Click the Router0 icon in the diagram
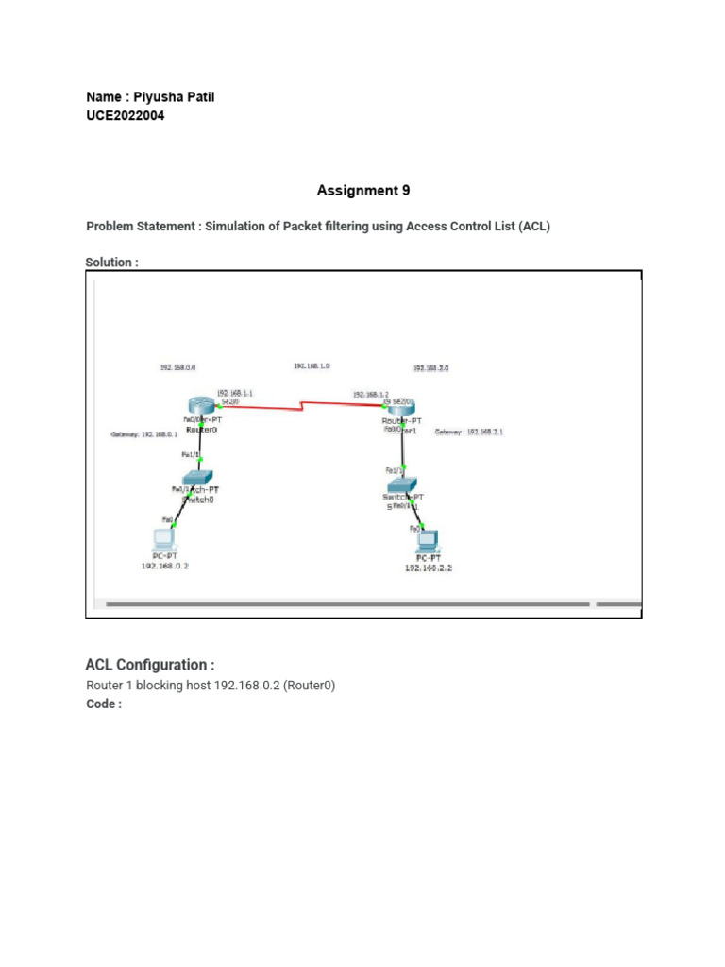(x=201, y=406)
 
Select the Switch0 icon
(x=200, y=477)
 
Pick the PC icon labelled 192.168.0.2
(x=164, y=540)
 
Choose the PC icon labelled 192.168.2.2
(x=428, y=542)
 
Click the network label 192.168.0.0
(x=178, y=367)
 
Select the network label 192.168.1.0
(x=312, y=365)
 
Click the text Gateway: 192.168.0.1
(x=144, y=434)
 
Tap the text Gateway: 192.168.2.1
(x=469, y=432)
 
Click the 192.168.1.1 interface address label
(x=235, y=392)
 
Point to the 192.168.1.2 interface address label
(x=370, y=394)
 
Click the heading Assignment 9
(x=363, y=191)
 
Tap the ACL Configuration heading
(x=149, y=665)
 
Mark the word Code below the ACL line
(x=103, y=704)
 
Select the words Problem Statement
(x=142, y=227)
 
